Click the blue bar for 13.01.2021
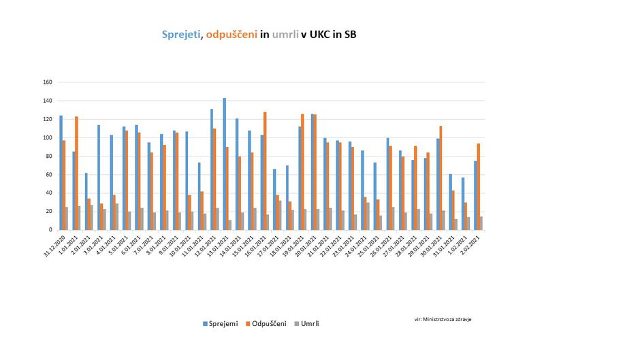coord(225,164)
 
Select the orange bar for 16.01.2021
coord(264,171)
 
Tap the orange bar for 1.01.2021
coord(77,173)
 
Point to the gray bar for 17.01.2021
coord(280,215)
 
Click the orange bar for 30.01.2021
coord(441,178)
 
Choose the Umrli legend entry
coord(308,323)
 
